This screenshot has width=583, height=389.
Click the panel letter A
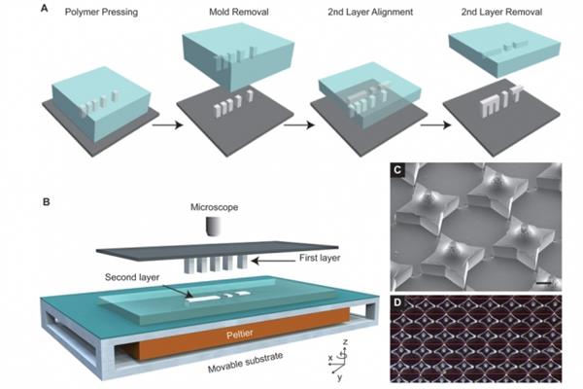tap(45, 8)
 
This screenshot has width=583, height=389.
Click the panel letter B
tap(46, 202)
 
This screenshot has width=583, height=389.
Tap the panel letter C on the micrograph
tap(397, 170)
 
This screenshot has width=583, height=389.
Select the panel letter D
tap(397, 301)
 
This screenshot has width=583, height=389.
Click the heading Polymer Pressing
tap(101, 13)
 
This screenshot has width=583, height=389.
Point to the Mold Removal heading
tap(239, 12)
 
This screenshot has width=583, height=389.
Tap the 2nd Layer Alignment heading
tap(370, 13)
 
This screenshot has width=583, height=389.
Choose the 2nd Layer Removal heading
tap(501, 13)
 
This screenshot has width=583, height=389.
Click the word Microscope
tap(214, 207)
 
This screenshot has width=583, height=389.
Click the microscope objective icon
tap(214, 227)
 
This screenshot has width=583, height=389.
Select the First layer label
tap(320, 258)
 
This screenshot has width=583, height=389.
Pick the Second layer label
tap(132, 277)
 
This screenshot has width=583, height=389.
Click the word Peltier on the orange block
tap(240, 334)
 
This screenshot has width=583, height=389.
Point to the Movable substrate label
tap(246, 362)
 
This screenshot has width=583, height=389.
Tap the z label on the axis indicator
tap(345, 341)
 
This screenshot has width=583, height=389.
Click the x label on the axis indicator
tap(330, 358)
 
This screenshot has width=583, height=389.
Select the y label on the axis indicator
tap(339, 377)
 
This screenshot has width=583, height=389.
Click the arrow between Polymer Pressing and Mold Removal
tap(167, 124)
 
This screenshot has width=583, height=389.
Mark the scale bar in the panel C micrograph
tap(543, 284)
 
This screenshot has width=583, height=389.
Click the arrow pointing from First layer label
tap(273, 261)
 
